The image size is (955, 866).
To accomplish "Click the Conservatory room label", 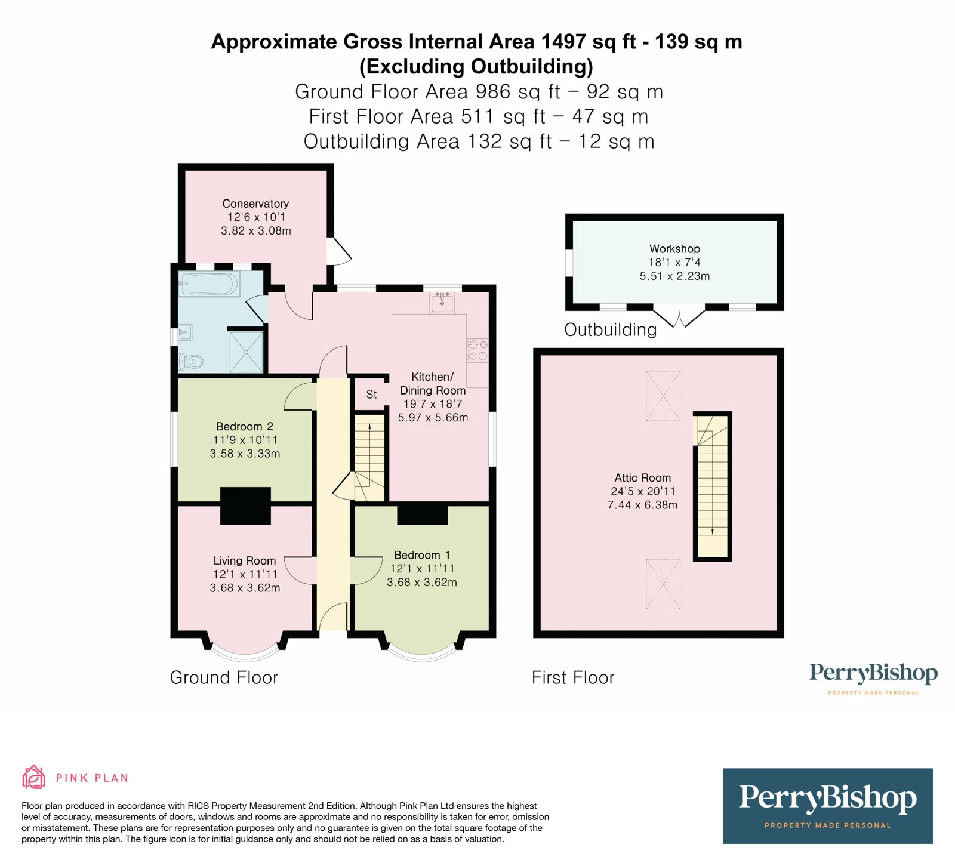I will click(x=255, y=204).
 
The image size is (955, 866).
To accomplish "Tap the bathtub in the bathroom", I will click(x=208, y=284).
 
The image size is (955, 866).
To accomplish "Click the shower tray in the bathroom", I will click(x=246, y=352).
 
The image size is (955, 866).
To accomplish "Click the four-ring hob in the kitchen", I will click(x=478, y=350).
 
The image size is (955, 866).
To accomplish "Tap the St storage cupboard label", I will click(x=371, y=395).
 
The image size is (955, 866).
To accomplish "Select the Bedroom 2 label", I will click(x=245, y=426).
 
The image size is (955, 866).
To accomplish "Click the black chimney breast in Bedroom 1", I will click(x=423, y=514).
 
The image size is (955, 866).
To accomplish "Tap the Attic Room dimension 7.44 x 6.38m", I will click(x=642, y=505).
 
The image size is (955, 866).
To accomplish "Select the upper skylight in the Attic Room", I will click(x=663, y=396).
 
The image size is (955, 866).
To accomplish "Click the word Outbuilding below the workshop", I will click(x=610, y=329).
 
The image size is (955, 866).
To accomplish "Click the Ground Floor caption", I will click(x=224, y=677).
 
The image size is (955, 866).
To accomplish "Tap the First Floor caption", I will click(x=573, y=677).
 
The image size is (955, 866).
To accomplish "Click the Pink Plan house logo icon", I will click(x=33, y=777).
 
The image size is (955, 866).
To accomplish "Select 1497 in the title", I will click(x=564, y=42).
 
